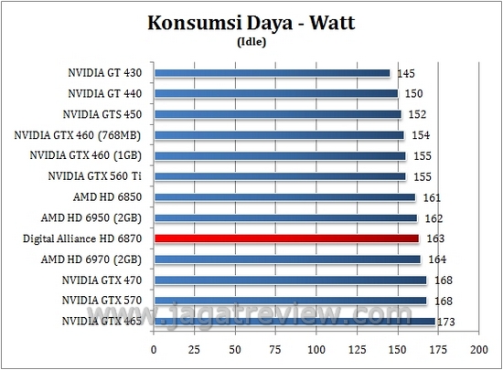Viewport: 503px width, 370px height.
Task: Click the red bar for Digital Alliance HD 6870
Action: (x=287, y=238)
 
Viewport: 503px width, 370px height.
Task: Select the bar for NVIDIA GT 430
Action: (x=273, y=73)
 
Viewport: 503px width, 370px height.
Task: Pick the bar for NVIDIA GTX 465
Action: (x=294, y=321)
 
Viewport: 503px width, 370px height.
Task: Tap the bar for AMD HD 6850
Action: (x=284, y=197)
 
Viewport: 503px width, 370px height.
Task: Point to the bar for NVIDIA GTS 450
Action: (x=278, y=114)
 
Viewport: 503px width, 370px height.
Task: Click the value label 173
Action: (x=447, y=322)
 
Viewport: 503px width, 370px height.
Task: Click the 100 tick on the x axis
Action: (x=316, y=350)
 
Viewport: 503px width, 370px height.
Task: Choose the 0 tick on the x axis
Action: (x=155, y=350)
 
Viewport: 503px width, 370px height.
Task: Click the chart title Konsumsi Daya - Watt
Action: (x=251, y=25)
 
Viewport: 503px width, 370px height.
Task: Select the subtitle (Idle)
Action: (x=251, y=42)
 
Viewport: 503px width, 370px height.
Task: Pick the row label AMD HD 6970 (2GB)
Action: (x=100, y=259)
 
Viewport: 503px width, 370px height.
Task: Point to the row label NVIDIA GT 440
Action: (x=107, y=93)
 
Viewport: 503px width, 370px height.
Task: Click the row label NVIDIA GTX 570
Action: (x=105, y=301)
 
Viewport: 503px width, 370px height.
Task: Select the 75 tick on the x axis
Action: (x=276, y=350)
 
